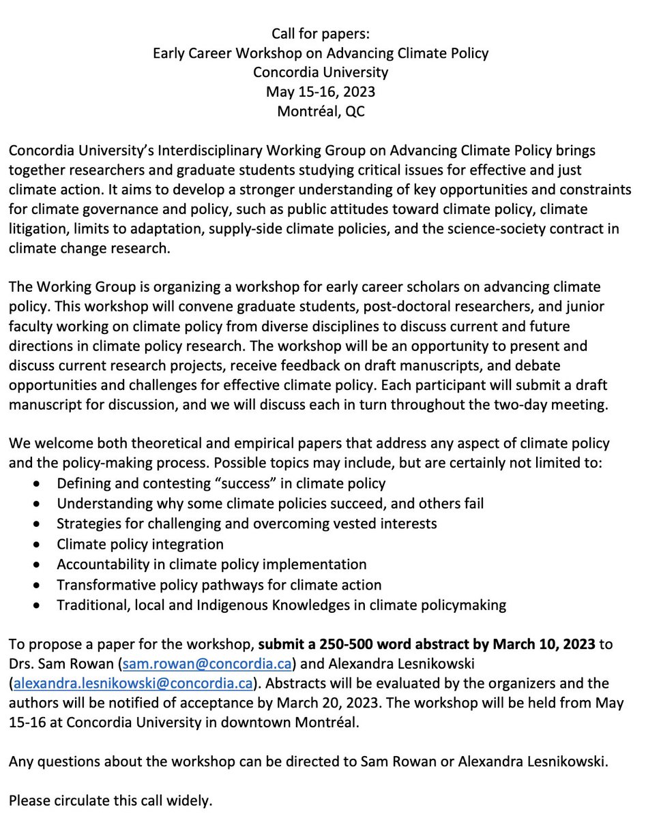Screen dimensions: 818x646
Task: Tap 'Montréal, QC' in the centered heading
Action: tap(321, 111)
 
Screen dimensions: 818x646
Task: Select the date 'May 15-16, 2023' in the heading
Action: tap(321, 91)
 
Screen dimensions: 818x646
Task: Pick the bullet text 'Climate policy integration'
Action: tap(140, 544)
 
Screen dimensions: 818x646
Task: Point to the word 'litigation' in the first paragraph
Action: tap(37, 229)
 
